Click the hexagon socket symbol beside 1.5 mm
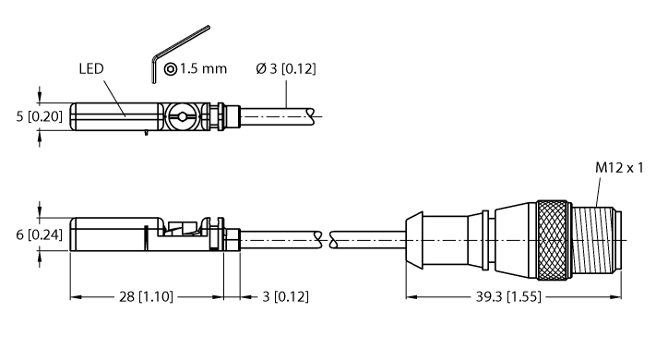[171, 70]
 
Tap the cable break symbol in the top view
[316, 116]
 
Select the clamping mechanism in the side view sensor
[188, 233]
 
